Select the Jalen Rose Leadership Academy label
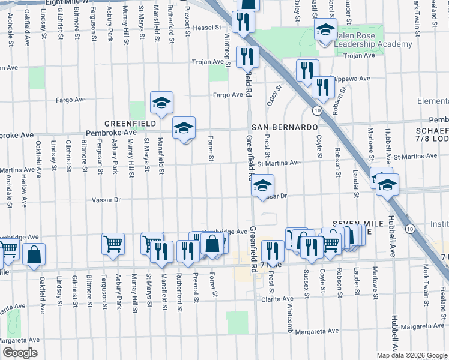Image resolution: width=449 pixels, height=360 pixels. (373, 40)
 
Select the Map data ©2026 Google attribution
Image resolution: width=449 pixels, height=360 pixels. (412, 355)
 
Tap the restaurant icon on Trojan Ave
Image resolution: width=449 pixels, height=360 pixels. (247, 57)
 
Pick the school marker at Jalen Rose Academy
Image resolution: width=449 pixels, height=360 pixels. (325, 30)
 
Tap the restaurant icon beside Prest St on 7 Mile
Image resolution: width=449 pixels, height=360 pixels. (273, 251)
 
